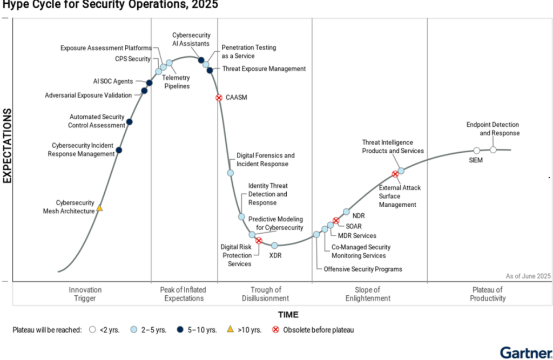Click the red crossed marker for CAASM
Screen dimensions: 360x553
point(219,98)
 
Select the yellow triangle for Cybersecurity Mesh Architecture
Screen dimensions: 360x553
point(99,208)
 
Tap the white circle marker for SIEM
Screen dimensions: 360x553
point(476,151)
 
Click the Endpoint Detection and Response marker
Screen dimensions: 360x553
point(493,150)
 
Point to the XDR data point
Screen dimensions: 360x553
point(274,246)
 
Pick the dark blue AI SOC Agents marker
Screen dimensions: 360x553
point(149,83)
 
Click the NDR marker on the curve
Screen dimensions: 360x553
point(346,212)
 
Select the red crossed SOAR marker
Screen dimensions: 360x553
point(336,220)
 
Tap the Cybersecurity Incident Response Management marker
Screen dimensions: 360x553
point(119,150)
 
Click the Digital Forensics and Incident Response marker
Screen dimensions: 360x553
point(230,173)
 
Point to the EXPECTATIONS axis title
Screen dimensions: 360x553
point(8,146)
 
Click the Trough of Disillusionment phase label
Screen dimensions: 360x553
point(266,294)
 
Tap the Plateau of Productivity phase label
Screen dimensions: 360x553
point(488,294)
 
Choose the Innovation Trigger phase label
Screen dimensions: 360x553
point(85,294)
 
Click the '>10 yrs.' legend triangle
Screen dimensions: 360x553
point(230,329)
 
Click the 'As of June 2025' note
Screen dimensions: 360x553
point(528,276)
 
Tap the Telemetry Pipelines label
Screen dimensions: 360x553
point(177,82)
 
